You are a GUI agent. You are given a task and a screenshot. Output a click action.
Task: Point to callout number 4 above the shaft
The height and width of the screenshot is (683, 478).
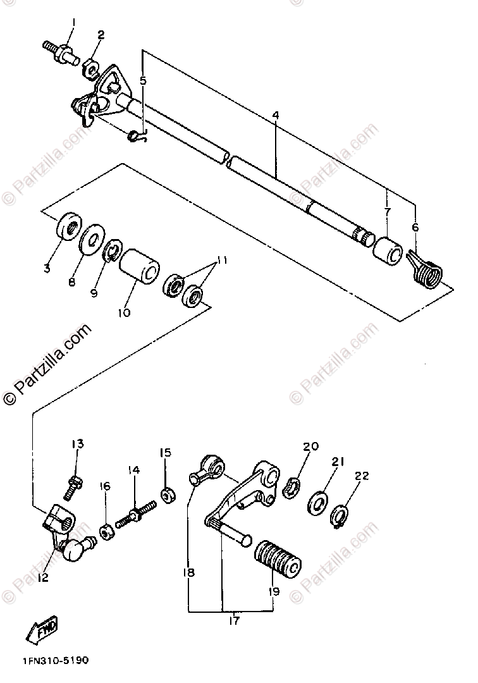(x=276, y=116)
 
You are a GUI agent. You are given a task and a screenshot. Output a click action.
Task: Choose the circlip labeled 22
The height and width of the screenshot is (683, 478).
(x=340, y=514)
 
